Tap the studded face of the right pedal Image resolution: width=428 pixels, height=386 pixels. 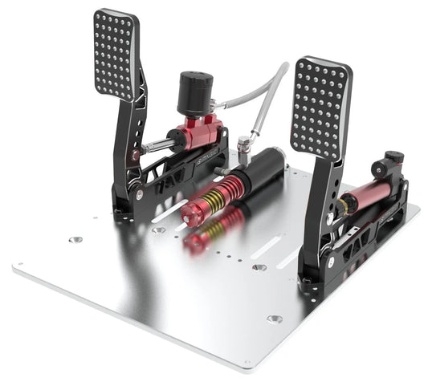pos(320,107)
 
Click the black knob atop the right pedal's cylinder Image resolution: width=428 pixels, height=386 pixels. pos(393,159)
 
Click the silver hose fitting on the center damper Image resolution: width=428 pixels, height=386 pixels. pos(242,149)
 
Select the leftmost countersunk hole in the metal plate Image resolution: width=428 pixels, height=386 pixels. pos(75,239)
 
